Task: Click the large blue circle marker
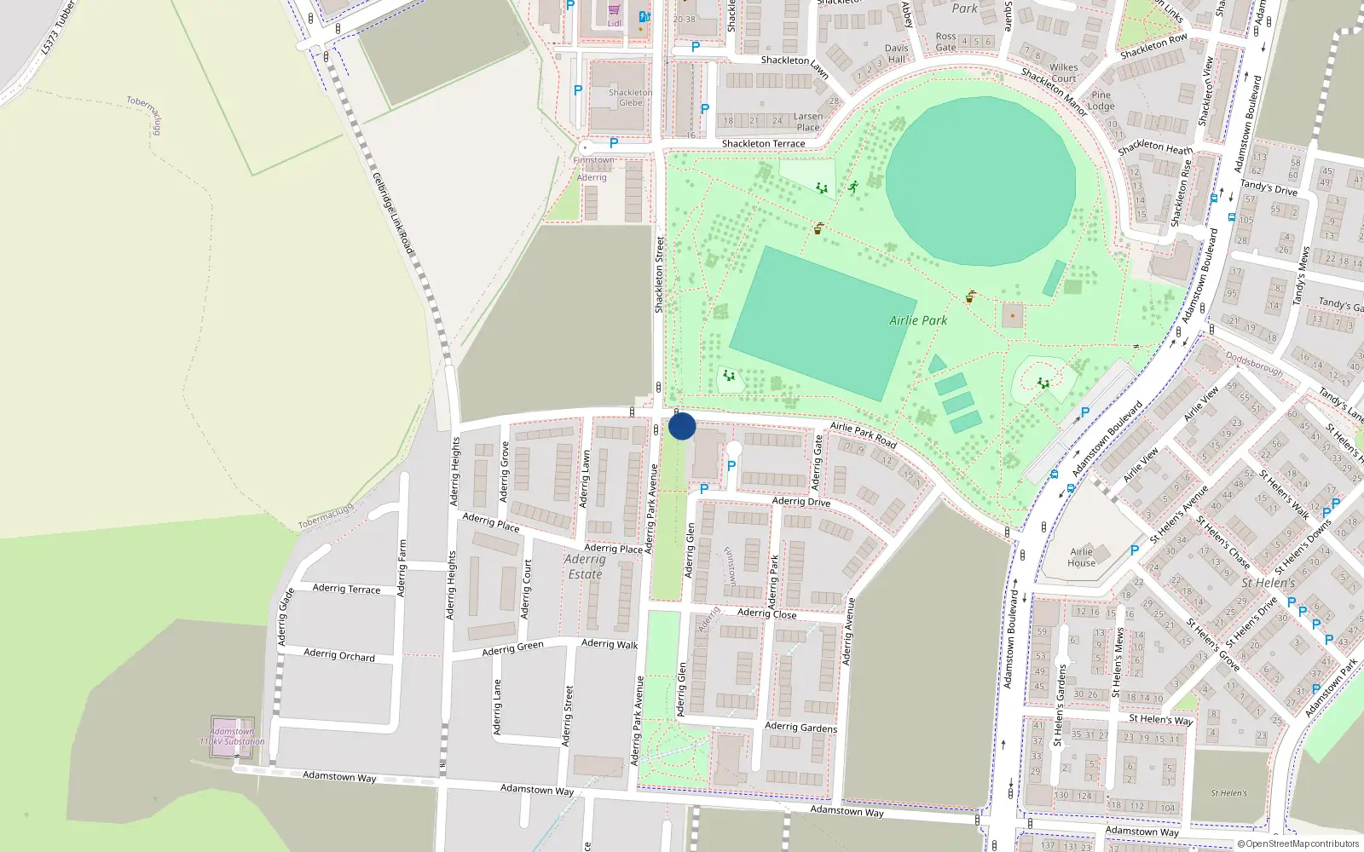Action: point(682,426)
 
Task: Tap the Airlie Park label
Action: point(918,320)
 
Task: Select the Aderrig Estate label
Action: point(585,567)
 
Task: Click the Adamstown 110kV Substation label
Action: point(232,737)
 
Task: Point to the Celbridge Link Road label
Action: point(393,214)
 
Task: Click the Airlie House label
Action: point(1081,557)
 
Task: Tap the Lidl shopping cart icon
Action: point(614,10)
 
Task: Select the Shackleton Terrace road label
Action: point(763,144)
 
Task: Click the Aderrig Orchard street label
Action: point(339,655)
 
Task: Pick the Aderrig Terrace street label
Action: point(346,589)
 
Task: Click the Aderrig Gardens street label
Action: point(800,727)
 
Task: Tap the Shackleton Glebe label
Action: point(631,98)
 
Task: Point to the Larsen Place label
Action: point(808,122)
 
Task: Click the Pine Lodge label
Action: point(1101,101)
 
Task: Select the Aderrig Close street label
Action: point(766,613)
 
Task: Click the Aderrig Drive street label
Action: point(800,502)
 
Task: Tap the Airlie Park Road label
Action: point(863,435)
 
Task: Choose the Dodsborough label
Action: point(1254,364)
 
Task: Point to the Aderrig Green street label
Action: point(512,649)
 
